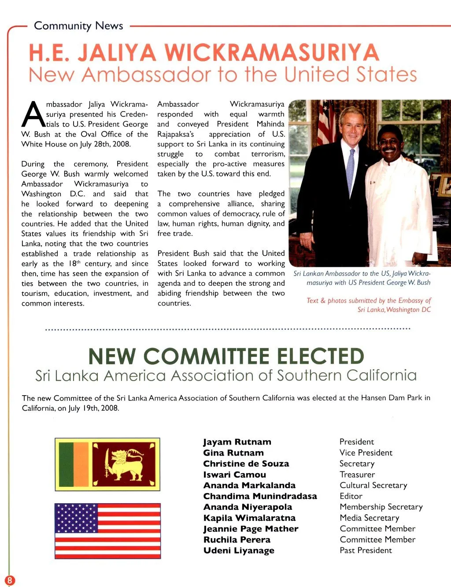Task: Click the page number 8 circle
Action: pos(9,580)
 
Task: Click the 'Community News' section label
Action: pos(78,26)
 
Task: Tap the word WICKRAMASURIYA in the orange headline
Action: pos(271,53)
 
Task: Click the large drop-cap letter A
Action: pos(33,114)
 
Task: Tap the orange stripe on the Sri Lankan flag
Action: pos(81,465)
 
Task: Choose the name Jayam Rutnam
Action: pos(237,442)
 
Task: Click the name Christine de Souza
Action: pos(246,464)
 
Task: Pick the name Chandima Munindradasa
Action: pos(260,496)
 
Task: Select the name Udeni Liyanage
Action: pos(239,550)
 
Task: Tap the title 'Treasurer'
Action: pos(357,475)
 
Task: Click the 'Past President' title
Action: pos(366,550)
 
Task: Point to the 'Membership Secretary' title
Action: pos(381,507)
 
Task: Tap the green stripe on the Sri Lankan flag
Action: pos(66,465)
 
